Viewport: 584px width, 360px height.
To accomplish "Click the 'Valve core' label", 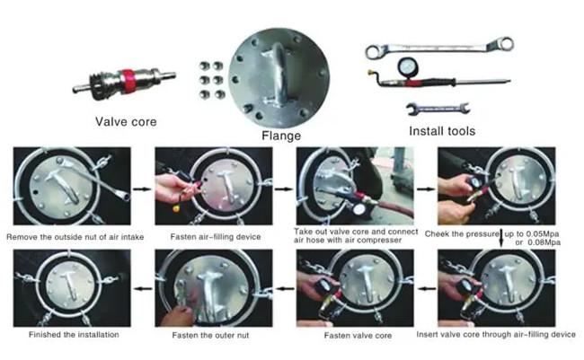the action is click(126, 122).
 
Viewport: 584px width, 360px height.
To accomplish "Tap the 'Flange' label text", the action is click(281, 136).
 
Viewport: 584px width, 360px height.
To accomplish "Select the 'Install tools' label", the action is click(442, 131).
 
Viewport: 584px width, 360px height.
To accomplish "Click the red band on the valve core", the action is click(128, 81).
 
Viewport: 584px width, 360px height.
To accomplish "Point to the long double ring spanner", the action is click(439, 48).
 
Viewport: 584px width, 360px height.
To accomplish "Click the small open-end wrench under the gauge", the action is click(438, 109).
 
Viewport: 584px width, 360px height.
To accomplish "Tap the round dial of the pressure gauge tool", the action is click(408, 67).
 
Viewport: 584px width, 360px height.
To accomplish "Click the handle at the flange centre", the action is click(278, 74).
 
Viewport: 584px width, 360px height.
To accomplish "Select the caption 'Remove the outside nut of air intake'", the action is click(75, 237).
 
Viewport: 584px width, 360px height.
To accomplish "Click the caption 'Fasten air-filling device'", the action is click(216, 237).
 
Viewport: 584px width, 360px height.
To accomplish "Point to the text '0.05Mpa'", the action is click(543, 234).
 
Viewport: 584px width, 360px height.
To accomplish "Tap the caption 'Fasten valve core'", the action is click(358, 336).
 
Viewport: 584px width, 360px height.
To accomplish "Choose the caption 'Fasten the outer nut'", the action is click(210, 336).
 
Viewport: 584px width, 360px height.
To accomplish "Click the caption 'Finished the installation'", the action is click(74, 335).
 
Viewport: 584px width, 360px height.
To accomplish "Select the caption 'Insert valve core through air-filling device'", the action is click(496, 335).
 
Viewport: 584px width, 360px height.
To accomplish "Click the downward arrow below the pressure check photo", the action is click(501, 238).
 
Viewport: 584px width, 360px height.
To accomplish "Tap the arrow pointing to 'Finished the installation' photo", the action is click(143, 288).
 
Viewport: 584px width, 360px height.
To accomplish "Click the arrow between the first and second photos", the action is click(143, 189).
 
